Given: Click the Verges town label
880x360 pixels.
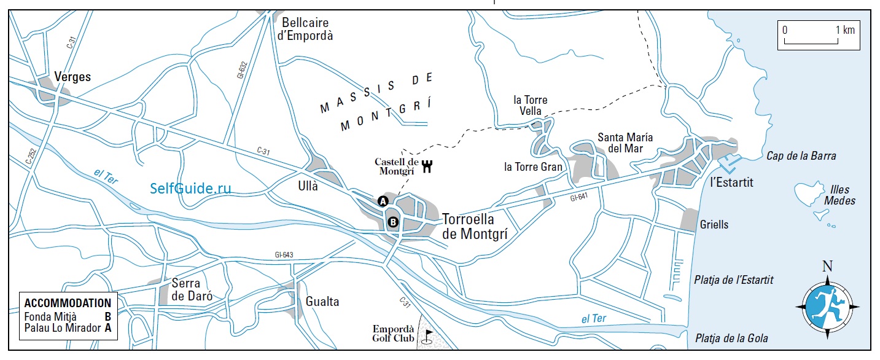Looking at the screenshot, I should click(x=72, y=77).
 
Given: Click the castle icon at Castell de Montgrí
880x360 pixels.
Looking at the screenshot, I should click(x=427, y=165).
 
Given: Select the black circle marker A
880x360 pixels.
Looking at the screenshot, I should click(x=383, y=201).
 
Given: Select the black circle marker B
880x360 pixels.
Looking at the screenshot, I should click(x=393, y=222).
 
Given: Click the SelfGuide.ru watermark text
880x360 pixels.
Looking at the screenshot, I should click(x=191, y=188).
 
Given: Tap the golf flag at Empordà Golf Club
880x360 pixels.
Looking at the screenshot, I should click(x=428, y=335).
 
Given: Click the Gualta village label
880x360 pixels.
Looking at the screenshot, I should click(x=322, y=302).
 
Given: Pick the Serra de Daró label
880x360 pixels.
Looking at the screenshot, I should click(x=192, y=290).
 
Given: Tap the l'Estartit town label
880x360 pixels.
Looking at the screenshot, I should click(x=731, y=182).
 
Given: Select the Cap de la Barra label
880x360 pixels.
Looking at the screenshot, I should click(x=801, y=156).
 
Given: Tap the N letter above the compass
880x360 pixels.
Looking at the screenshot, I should click(x=827, y=266).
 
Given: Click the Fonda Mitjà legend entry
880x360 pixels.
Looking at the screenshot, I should click(x=51, y=316).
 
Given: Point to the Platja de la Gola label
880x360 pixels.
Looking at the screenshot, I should click(x=731, y=338).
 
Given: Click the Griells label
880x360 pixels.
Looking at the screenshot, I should click(x=714, y=225).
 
